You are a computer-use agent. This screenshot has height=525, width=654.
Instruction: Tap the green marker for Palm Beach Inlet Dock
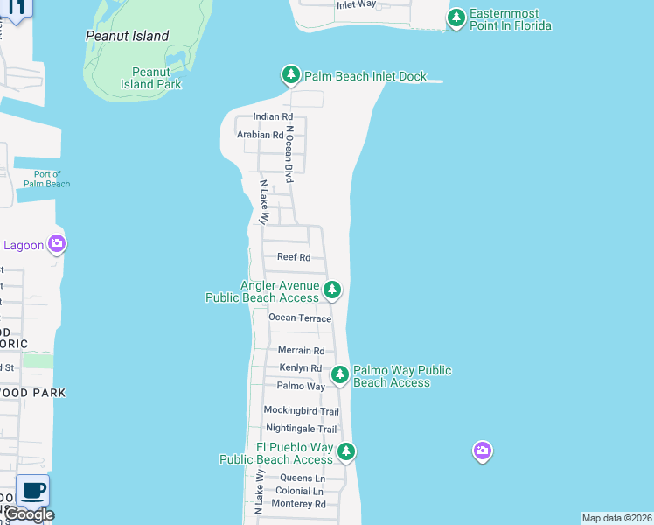point(291,76)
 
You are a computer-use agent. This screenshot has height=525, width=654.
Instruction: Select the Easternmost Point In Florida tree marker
point(456,17)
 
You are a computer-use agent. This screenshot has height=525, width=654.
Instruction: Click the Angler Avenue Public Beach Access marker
point(331,290)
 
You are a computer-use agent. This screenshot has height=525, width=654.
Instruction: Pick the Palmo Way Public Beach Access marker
point(340,374)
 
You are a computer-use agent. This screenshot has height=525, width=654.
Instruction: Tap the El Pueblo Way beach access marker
point(347,451)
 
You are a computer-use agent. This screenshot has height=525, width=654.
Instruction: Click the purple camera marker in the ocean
point(482,451)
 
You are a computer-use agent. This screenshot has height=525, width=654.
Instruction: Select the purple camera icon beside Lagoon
point(57,244)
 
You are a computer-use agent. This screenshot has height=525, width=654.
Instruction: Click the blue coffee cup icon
point(32,491)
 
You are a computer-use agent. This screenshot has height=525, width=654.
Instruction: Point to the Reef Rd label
point(294,257)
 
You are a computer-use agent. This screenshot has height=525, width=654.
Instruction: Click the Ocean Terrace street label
point(300,318)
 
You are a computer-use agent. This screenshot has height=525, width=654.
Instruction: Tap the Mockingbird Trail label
point(301,411)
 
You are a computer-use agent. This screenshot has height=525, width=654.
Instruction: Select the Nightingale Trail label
point(301,429)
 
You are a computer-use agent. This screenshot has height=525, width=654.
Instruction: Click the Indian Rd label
point(273,116)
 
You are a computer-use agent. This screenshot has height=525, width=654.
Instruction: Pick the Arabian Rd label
point(261,135)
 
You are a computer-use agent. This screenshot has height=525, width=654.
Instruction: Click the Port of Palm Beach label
point(46,178)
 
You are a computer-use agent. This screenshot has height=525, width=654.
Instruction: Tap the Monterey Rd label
point(298,504)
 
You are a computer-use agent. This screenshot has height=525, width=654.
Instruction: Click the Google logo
point(30,514)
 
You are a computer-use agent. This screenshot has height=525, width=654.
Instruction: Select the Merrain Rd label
point(301,351)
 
